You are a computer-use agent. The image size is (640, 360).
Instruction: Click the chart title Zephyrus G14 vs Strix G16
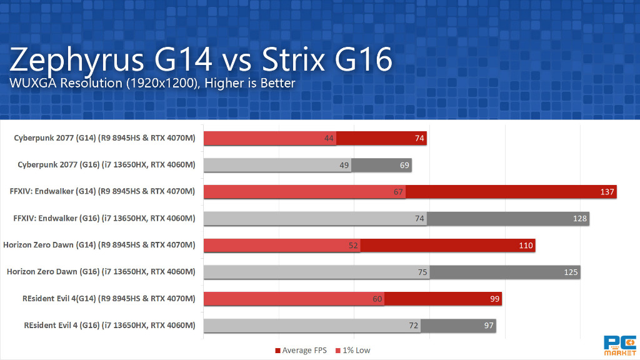(201, 61)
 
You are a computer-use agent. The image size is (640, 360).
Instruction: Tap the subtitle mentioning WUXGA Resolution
(152, 82)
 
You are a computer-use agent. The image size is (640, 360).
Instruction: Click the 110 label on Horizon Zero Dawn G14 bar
(526, 245)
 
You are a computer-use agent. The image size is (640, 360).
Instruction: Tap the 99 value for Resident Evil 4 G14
(494, 299)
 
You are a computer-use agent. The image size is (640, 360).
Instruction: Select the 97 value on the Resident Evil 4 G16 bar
(487, 326)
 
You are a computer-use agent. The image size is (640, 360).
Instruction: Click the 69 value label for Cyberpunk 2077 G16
(405, 165)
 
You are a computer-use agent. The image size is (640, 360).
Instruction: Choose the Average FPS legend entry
(301, 350)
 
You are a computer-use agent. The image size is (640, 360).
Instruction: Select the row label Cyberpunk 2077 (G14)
(104, 138)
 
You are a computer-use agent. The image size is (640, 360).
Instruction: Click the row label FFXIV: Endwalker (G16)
(104, 218)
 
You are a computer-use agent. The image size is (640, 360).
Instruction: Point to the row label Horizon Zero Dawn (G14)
(99, 245)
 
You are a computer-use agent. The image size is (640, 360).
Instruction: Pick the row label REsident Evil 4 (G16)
(109, 326)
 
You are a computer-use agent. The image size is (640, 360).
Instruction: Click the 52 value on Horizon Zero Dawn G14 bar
(353, 245)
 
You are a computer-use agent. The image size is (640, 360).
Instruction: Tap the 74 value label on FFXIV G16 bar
(419, 218)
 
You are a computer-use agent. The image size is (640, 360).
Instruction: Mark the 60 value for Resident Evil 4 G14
(377, 299)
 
